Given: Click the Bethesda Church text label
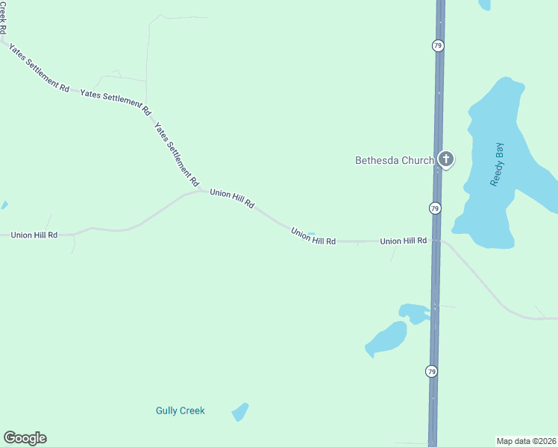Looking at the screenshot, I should coord(394,159).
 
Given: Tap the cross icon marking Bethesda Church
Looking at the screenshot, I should coord(446,159).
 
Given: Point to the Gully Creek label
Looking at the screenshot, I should coord(180,410).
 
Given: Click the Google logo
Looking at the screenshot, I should coord(25,438).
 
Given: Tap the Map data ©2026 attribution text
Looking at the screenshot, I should coord(526,440).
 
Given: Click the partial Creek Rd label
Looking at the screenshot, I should coord(3,17).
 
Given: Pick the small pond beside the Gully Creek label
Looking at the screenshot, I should coord(239,411).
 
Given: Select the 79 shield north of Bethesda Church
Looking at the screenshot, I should coord(438,45).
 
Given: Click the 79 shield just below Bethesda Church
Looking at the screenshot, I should coord(435,208).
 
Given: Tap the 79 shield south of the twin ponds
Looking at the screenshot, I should coord(432,371).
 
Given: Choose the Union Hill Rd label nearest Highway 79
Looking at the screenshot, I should coord(403,241).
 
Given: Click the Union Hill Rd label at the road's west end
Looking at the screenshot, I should coord(34,235).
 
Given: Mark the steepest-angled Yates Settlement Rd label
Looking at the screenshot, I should coord(177,155).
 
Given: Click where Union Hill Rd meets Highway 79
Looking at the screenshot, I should coord(435,241).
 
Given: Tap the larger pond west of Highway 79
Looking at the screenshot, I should coord(387,339).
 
